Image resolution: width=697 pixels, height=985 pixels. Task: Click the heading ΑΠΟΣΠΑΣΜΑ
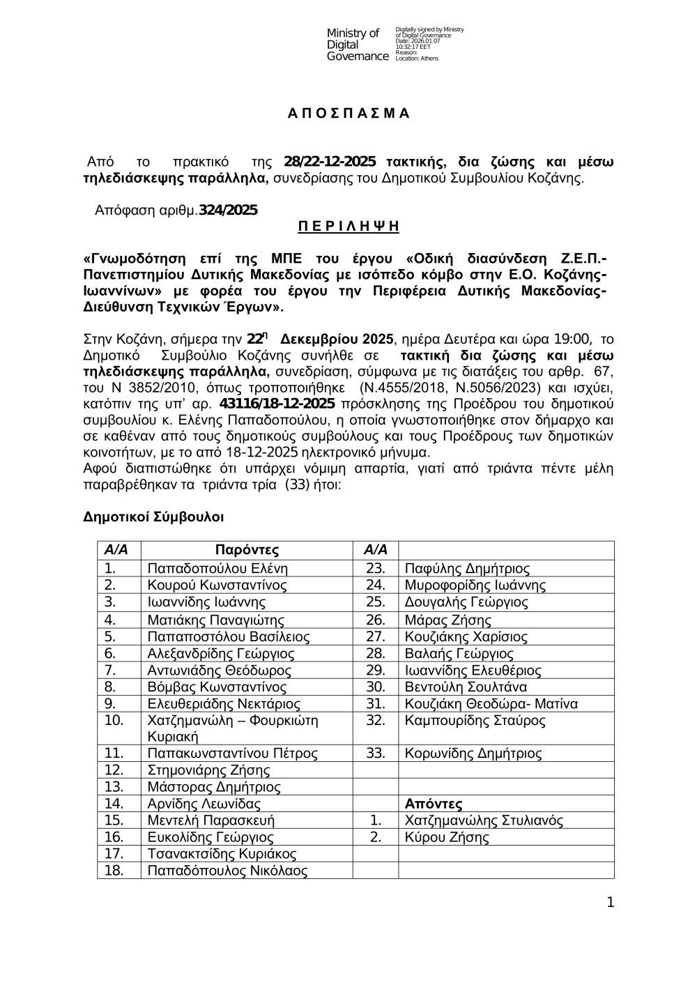[x=349, y=114]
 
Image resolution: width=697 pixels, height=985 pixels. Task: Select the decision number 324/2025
[x=228, y=210]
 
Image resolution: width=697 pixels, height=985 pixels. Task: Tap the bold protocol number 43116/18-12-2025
[x=277, y=404]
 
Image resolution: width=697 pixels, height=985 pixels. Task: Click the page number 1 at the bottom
[x=611, y=903]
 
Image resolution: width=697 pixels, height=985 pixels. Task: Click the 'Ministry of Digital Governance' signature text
[x=357, y=45]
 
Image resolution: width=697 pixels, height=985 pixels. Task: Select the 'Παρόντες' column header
[x=247, y=549]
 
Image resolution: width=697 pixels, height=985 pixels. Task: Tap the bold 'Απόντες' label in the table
[x=434, y=804]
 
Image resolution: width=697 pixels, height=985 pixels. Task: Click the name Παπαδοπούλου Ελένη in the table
[x=217, y=568]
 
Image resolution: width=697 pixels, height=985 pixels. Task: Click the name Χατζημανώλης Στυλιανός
[x=484, y=820]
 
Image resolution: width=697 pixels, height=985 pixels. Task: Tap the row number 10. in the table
[x=114, y=720]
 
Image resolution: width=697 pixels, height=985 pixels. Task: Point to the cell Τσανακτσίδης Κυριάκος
[x=222, y=854]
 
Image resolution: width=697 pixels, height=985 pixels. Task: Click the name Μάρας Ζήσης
[x=447, y=620]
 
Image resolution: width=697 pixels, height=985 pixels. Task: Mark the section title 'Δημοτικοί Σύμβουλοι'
[x=153, y=517]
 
